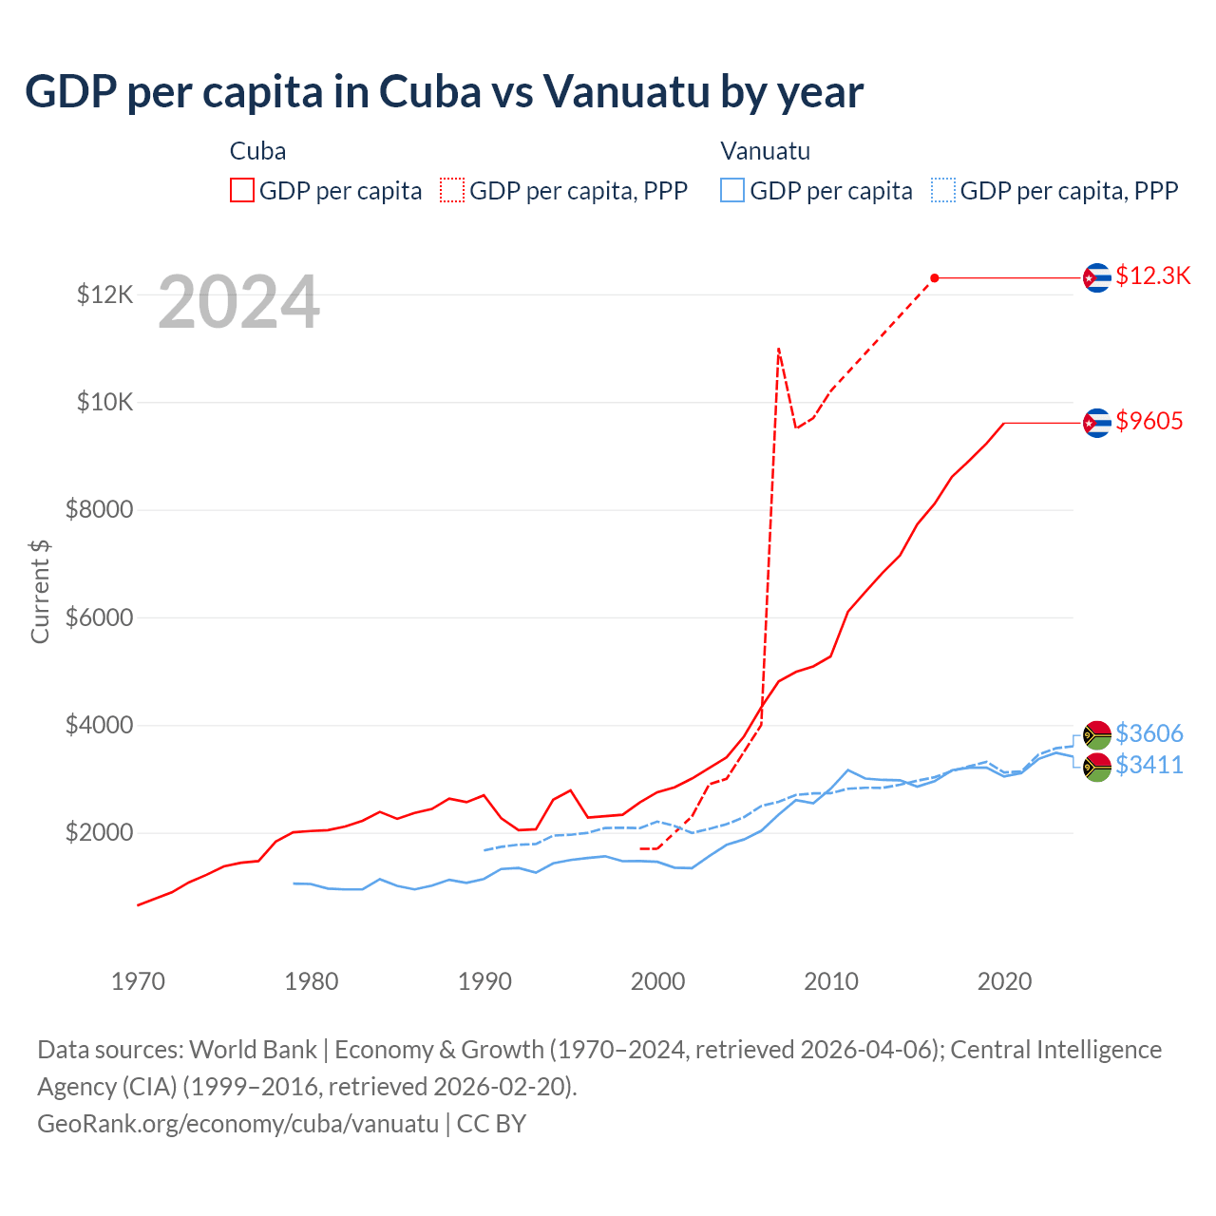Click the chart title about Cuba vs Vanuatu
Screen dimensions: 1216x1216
pyautogui.click(x=444, y=92)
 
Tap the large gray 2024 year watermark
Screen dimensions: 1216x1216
pyautogui.click(x=238, y=302)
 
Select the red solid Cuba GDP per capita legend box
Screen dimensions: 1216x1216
pyautogui.click(x=242, y=190)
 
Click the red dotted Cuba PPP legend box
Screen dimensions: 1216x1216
pyautogui.click(x=452, y=190)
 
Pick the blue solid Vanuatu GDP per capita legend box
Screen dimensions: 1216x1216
pyautogui.click(x=732, y=190)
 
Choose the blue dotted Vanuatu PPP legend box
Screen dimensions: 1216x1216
pyautogui.click(x=943, y=190)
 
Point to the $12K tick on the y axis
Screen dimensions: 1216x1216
pyautogui.click(x=105, y=294)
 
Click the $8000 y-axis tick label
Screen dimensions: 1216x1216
pyautogui.click(x=100, y=510)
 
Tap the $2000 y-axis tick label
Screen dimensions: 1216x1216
pyautogui.click(x=100, y=833)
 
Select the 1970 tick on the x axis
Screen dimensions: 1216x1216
pyautogui.click(x=139, y=981)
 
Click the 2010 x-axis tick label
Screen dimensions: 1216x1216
pyautogui.click(x=831, y=981)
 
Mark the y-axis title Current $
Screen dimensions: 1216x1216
pyautogui.click(x=40, y=591)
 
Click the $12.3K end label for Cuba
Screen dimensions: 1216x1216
pyautogui.click(x=1152, y=275)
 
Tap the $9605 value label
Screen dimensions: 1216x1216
pyautogui.click(x=1149, y=421)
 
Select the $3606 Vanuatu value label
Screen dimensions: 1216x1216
pyautogui.click(x=1149, y=733)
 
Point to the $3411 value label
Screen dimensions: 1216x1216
pyautogui.click(x=1149, y=765)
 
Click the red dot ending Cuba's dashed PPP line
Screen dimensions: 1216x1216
pyautogui.click(x=935, y=277)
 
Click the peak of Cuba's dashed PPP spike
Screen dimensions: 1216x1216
pyautogui.click(x=779, y=349)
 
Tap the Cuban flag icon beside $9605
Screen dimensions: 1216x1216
pyautogui.click(x=1097, y=423)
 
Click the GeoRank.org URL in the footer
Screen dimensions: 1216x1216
pyautogui.click(x=237, y=1124)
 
